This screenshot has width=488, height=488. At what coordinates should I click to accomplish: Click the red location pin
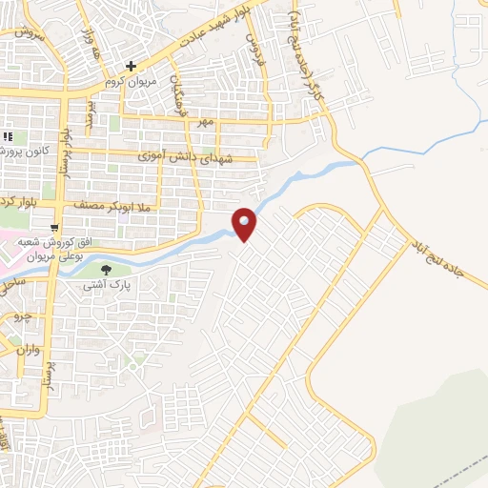(x=245, y=224)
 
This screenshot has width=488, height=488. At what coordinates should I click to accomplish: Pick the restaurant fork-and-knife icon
(x=8, y=135)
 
